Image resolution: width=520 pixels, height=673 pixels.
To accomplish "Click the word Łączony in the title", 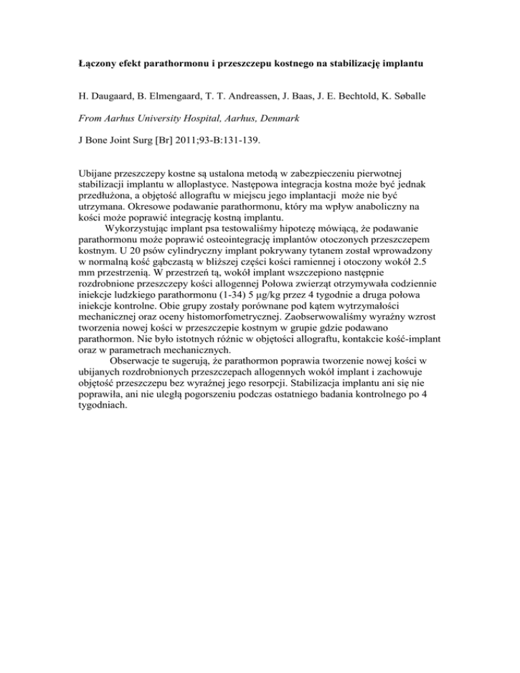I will (97, 66).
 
